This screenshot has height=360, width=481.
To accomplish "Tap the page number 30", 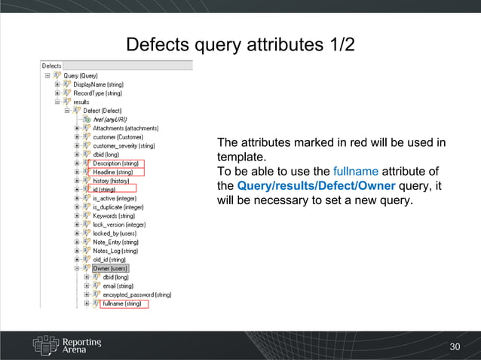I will tap(454, 346).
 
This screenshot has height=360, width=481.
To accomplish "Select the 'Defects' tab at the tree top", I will tap(51, 66).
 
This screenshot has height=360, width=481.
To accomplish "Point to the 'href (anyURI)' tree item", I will tap(109, 119).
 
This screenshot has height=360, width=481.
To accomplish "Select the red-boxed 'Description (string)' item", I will tap(117, 163).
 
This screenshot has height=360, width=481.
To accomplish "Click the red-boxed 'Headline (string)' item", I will tap(115, 172).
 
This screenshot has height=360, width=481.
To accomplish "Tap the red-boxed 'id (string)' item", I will tap(104, 189).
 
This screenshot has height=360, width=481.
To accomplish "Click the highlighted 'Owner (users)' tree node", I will tap(110, 268).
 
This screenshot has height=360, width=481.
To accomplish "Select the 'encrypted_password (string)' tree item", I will tap(136, 294).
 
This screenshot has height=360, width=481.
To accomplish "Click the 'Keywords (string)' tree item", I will tap(114, 215).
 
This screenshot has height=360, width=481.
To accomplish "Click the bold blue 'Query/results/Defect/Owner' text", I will tap(316, 186).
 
